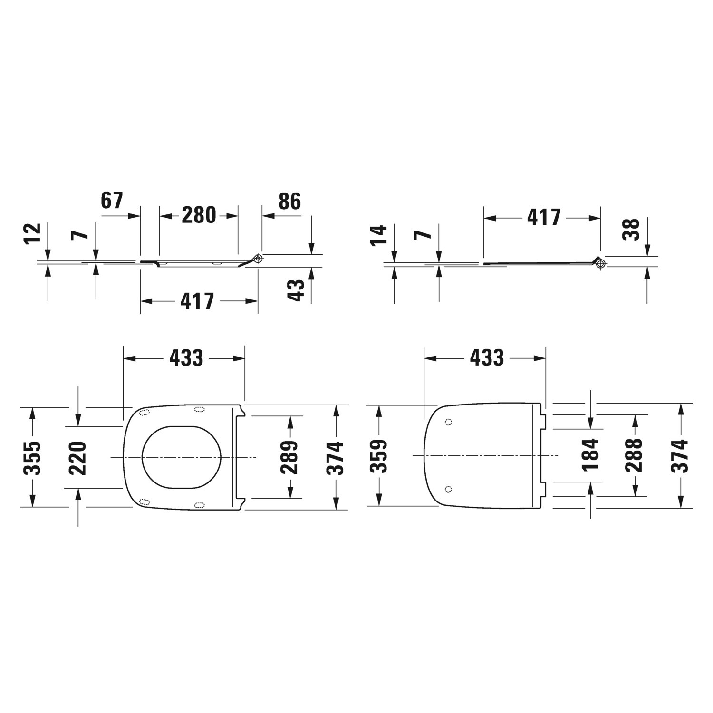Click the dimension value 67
tap(112, 201)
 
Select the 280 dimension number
tap(199, 215)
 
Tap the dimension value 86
tap(289, 202)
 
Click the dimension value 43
tap(296, 290)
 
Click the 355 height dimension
tap(32, 458)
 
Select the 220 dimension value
tap(77, 458)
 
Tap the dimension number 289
tap(289, 457)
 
